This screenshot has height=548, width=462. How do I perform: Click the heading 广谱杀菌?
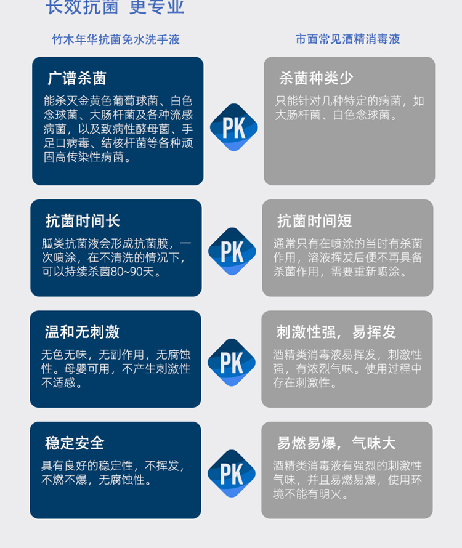click(x=76, y=78)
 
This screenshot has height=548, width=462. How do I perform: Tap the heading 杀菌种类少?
click(x=316, y=78)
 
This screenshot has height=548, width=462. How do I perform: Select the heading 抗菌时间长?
click(x=83, y=221)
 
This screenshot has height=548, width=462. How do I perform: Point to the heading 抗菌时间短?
click(x=314, y=221)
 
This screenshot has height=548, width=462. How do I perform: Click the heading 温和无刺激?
click(x=82, y=332)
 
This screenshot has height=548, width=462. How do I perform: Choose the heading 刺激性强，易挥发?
click(x=336, y=332)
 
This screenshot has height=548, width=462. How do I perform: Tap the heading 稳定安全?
click(x=75, y=443)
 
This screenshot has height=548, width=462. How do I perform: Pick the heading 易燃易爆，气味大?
click(x=336, y=443)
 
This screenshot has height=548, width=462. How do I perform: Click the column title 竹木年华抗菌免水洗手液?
click(x=116, y=39)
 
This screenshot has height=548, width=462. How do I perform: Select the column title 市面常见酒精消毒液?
click(x=347, y=39)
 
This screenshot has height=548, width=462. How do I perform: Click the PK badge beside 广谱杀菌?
click(x=234, y=127)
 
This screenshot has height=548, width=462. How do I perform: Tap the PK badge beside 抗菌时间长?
click(x=232, y=251)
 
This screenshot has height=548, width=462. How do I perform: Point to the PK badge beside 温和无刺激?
click(x=232, y=363)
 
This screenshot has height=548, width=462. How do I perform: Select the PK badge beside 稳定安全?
click(x=232, y=473)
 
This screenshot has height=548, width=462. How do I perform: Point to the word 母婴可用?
click(x=87, y=369)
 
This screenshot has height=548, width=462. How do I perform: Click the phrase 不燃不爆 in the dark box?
click(x=64, y=480)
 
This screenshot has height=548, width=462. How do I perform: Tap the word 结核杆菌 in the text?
click(x=124, y=143)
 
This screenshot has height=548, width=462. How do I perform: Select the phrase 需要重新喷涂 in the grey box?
click(x=365, y=272)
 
